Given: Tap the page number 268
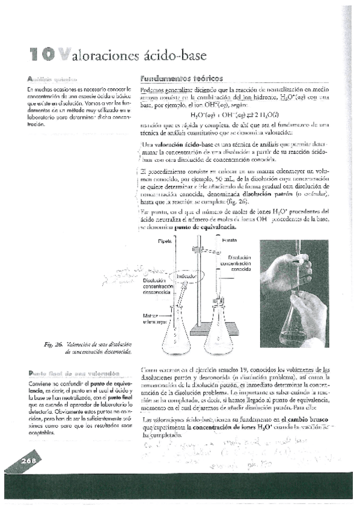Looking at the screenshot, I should tap(29, 461).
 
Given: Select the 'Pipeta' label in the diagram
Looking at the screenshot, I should tap(165, 241).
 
